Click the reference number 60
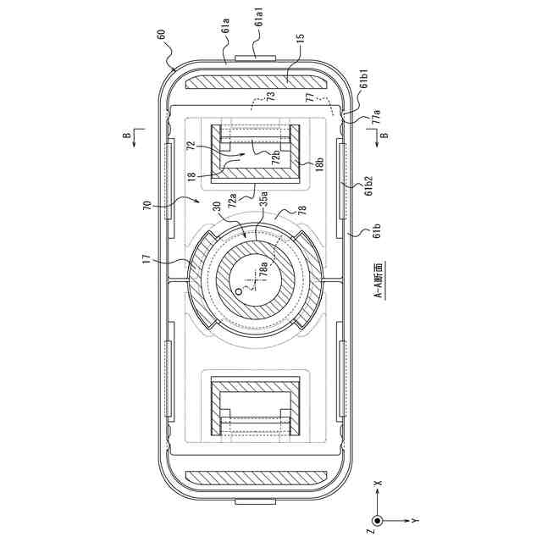(x=162, y=35)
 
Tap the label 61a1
(x=260, y=25)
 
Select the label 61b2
(x=368, y=185)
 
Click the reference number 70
(x=147, y=205)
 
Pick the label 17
(x=147, y=259)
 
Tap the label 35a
(x=263, y=198)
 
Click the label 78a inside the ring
(x=263, y=269)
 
